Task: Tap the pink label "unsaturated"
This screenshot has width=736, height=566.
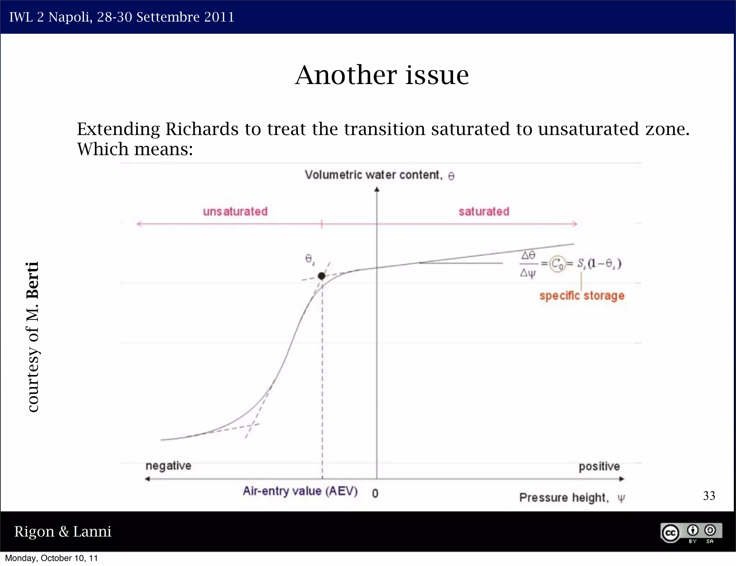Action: (235, 212)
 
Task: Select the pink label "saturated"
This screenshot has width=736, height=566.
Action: (484, 212)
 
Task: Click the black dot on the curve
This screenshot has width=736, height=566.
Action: (322, 276)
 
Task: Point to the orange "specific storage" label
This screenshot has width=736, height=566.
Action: (582, 296)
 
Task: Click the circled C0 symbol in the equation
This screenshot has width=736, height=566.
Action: (557, 264)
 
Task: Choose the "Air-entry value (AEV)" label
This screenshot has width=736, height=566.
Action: (300, 491)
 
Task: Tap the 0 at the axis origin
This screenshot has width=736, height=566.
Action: (375, 493)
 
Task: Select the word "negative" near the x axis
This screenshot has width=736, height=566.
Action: (168, 466)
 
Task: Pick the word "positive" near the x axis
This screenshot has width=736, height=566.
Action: (599, 466)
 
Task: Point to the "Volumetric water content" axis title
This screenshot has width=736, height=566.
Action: (373, 175)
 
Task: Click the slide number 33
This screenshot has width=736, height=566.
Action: (709, 496)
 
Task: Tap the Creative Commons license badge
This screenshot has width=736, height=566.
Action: (691, 533)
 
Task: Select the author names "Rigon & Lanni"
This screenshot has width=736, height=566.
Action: (63, 532)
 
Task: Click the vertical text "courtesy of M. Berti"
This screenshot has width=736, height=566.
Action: (33, 337)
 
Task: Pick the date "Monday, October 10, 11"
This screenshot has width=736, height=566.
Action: (51, 558)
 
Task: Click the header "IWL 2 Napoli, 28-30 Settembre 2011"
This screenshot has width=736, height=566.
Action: (121, 17)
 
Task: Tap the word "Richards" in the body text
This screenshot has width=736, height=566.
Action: (202, 129)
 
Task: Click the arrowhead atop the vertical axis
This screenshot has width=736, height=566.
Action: (377, 189)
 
